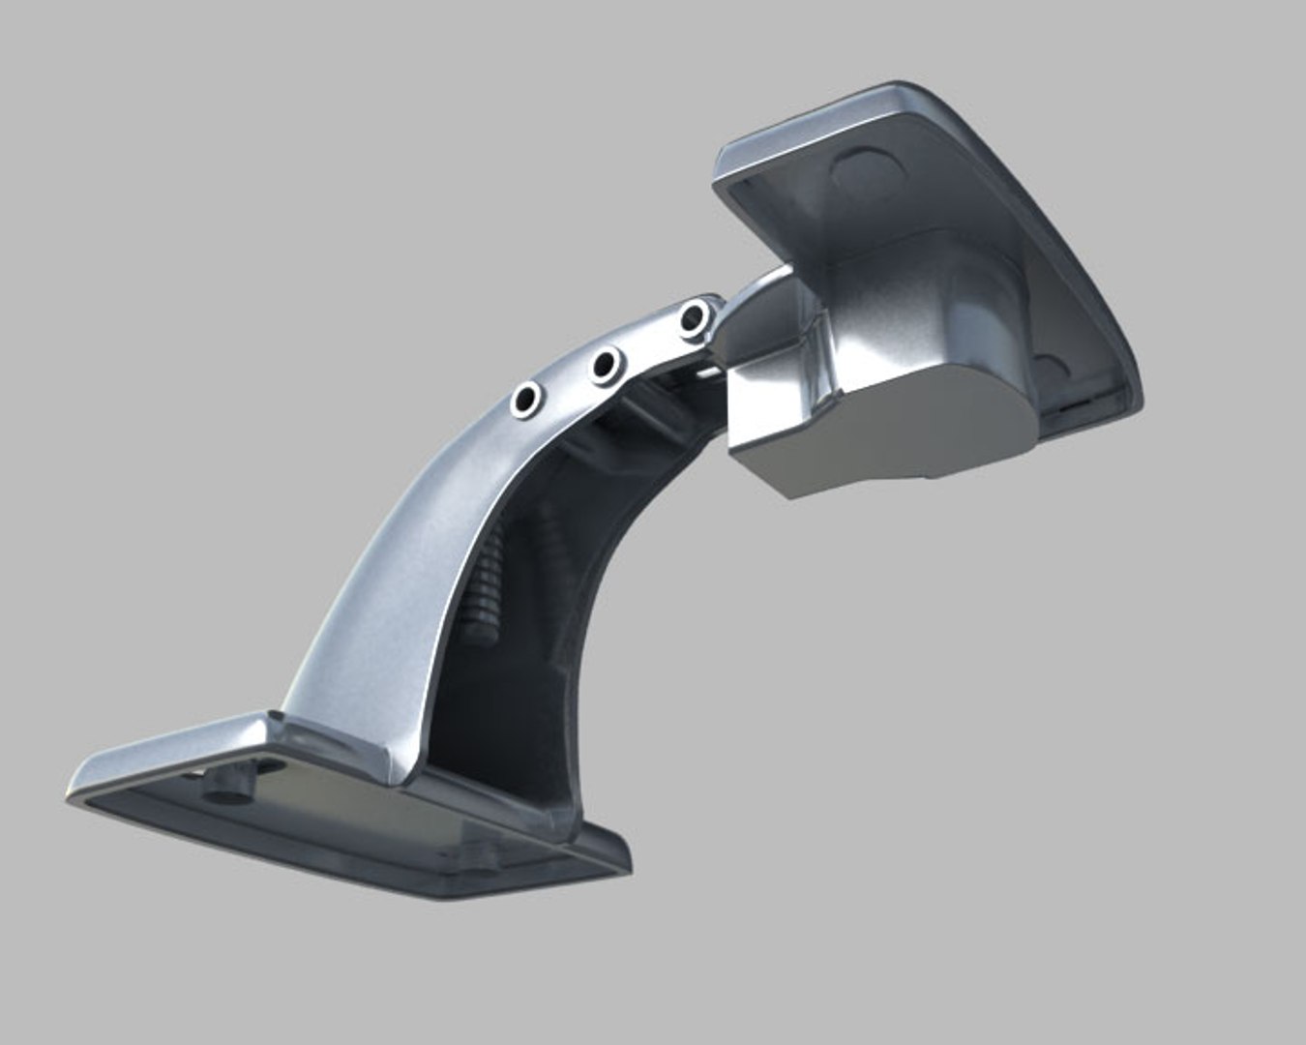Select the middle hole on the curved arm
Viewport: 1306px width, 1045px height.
[608, 367]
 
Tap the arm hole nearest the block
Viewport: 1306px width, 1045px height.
[693, 317]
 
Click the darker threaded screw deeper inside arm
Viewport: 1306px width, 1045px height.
[551, 542]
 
